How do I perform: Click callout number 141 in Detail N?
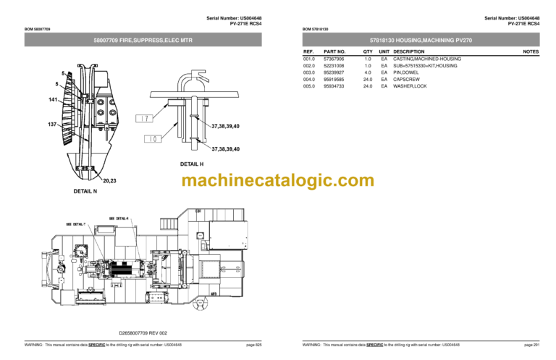pos(53,99)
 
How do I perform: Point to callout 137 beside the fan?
pos(53,125)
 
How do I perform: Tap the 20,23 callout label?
pos(111,181)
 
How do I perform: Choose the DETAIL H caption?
pos(191,164)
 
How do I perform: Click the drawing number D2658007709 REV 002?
pos(143,332)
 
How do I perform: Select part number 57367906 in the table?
pos(334,59)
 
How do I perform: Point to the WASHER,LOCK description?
pos(410,86)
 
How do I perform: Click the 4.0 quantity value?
pos(368,72)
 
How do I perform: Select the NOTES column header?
pos(531,52)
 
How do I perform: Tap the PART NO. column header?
pos(335,52)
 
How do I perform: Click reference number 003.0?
pos(309,72)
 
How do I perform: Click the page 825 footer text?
pos(253,345)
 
